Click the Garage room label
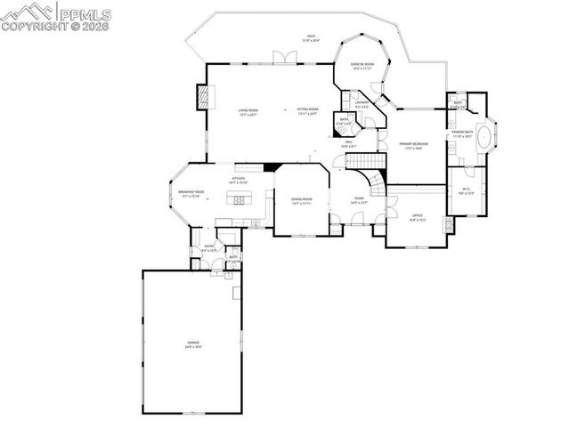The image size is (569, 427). [193, 343]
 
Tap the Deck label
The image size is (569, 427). [310, 37]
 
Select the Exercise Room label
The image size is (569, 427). [361, 66]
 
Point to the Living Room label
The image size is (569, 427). [248, 112]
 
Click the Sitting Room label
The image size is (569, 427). [307, 112]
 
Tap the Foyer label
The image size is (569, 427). [359, 200]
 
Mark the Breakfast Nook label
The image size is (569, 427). [191, 193]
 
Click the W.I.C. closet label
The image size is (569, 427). [467, 190]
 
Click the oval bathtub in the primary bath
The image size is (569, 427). [484, 138]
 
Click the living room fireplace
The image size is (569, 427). [202, 95]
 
